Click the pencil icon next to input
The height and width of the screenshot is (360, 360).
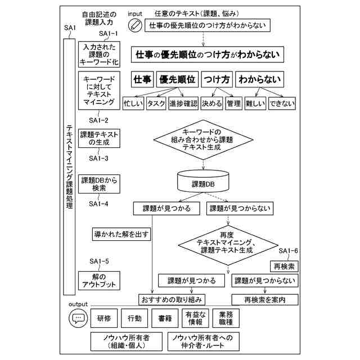(135, 25)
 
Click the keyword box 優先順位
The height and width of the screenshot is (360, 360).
(178, 80)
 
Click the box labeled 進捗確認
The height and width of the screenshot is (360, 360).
(183, 104)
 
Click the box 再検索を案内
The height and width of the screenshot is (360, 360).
(264, 299)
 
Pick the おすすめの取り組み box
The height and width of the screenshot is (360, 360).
(172, 299)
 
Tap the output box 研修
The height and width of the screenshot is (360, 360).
(104, 318)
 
